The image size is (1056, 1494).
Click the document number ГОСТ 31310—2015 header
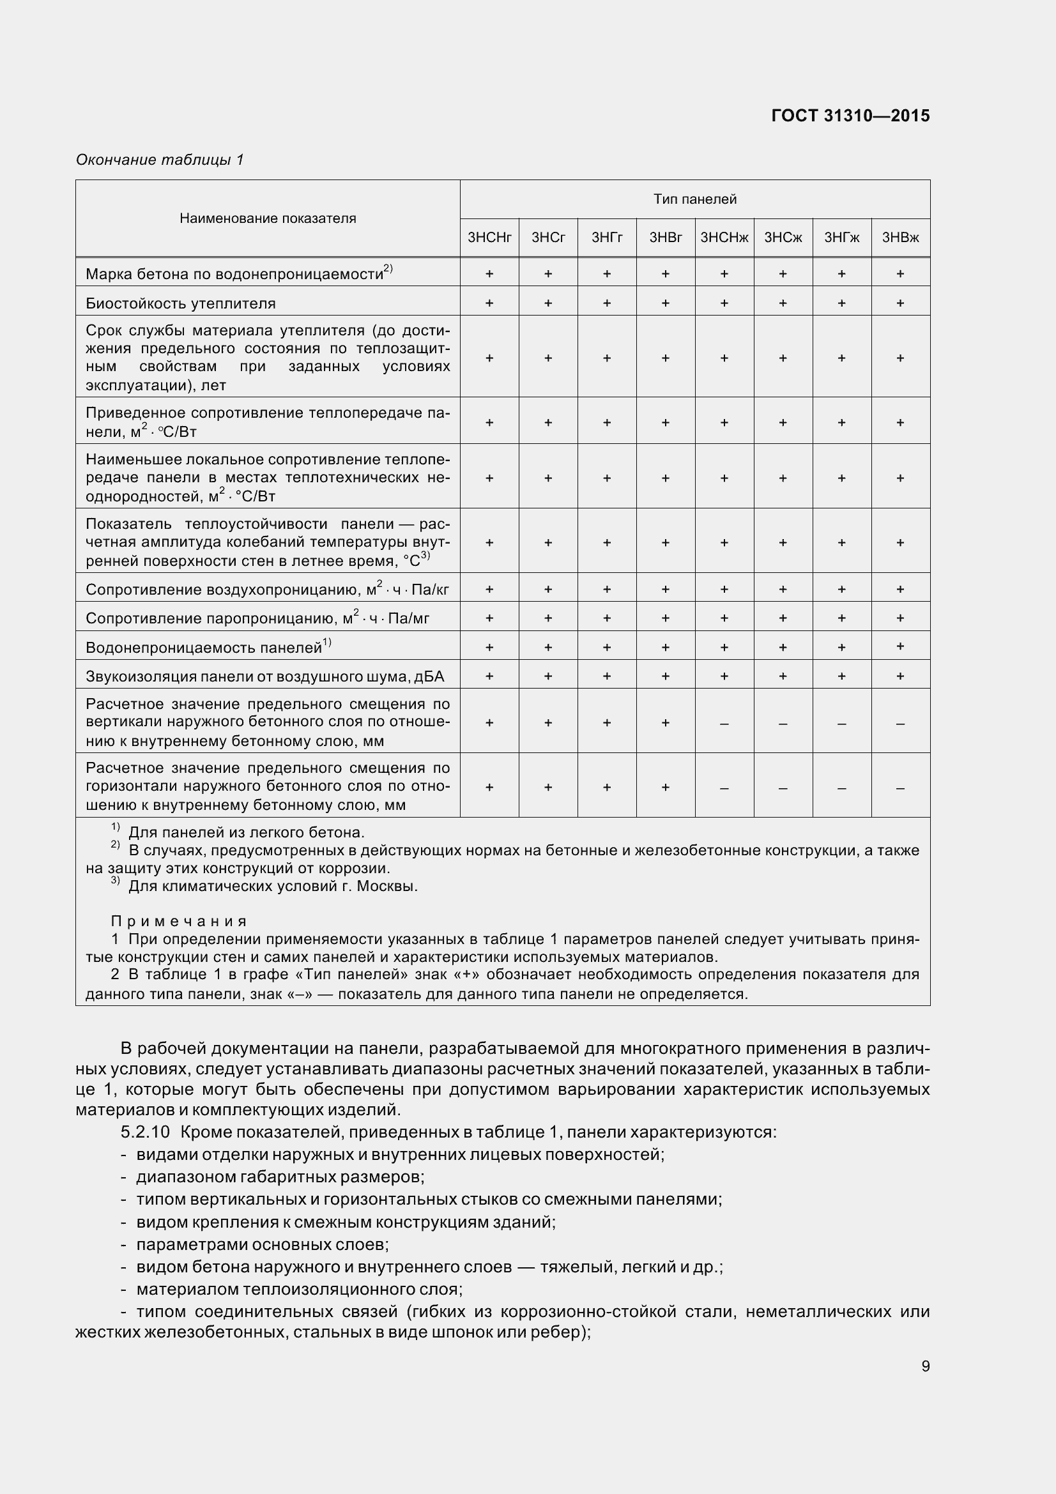point(850,116)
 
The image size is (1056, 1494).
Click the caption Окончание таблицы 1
point(160,160)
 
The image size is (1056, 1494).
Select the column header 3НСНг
point(489,238)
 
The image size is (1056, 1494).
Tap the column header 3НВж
point(900,238)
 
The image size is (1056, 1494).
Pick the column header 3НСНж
point(724,238)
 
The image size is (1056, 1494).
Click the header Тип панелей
point(694,200)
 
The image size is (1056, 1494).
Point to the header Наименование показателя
point(268,218)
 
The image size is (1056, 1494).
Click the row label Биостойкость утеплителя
point(180,304)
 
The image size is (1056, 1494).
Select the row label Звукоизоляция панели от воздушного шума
point(264,676)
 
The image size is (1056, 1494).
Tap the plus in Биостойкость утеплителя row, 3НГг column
point(606,303)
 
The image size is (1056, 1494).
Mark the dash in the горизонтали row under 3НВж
point(900,788)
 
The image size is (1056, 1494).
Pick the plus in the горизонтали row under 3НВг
point(665,788)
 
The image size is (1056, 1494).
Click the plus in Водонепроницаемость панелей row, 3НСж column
point(783,648)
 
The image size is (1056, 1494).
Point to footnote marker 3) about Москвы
point(115,881)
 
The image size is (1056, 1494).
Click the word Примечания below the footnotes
point(179,922)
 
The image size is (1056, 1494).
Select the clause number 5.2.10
point(144,1132)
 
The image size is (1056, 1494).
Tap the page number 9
point(925,1366)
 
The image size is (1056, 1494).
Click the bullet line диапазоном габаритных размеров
point(280,1177)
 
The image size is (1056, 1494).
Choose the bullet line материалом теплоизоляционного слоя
point(298,1289)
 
